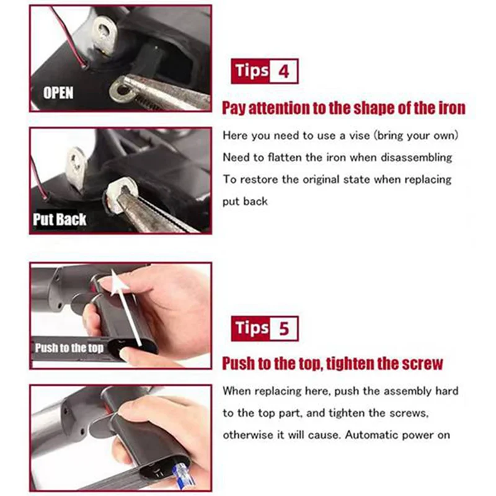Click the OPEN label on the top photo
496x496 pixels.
coord(58,93)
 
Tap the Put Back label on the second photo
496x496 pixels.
coord(60,219)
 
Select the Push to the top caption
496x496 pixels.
coord(69,348)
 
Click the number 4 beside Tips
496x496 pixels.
coord(284,71)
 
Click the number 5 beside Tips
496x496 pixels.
coord(284,328)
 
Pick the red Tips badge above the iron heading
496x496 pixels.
coord(252,71)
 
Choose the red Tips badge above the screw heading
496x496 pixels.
coord(252,328)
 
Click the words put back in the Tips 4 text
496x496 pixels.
coord(246,202)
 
